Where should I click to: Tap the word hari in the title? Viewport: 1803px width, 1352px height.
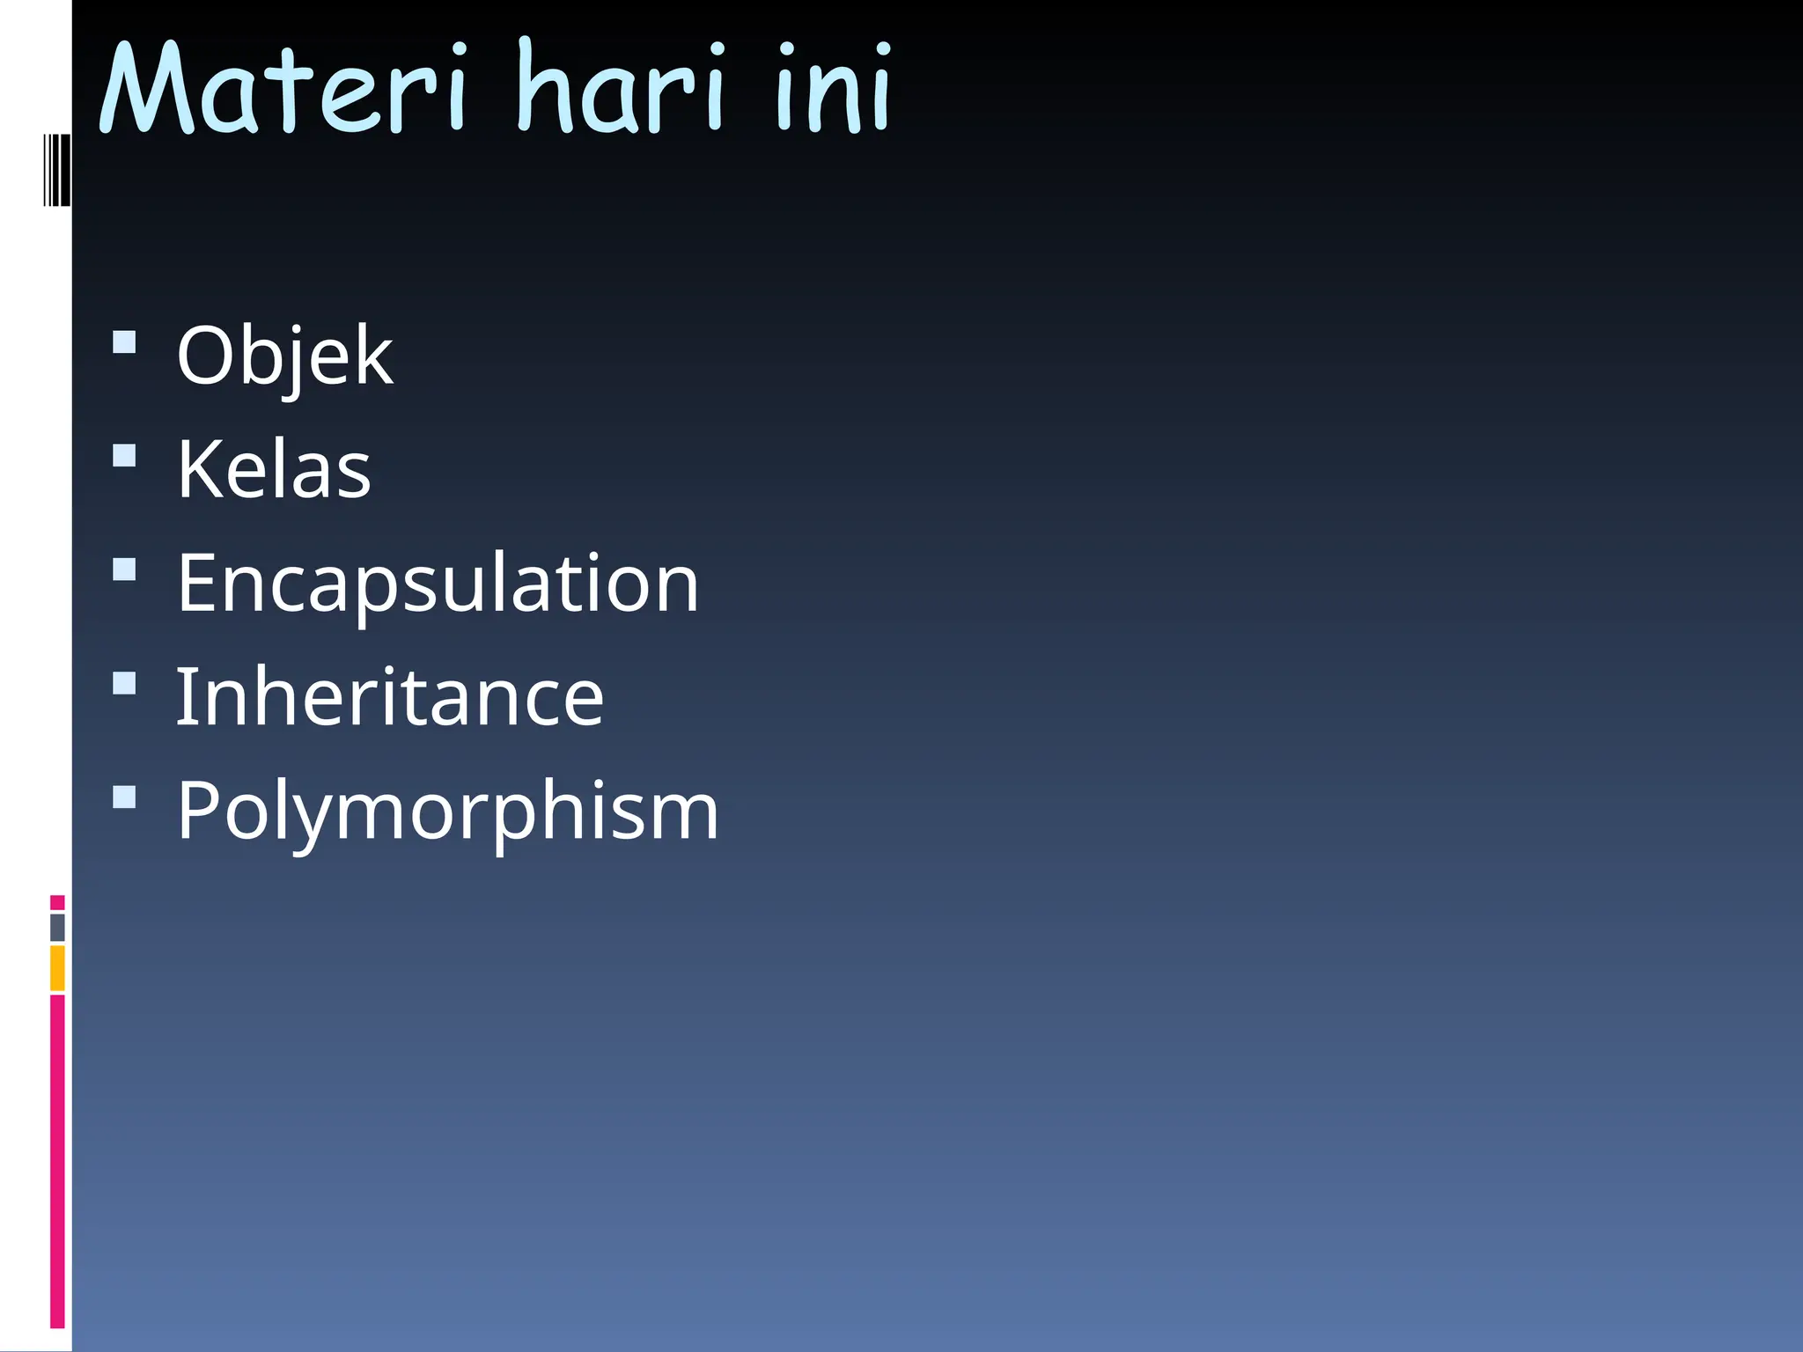pyautogui.click(x=622, y=88)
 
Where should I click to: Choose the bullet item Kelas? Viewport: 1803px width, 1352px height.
pyautogui.click(x=274, y=470)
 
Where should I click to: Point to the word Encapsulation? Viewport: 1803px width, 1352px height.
pyautogui.click(x=438, y=584)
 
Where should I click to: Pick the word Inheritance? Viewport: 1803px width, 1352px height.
pyautogui.click(x=390, y=697)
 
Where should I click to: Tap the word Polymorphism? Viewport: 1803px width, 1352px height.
pyautogui.click(x=447, y=811)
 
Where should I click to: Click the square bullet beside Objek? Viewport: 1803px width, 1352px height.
pyautogui.click(x=125, y=342)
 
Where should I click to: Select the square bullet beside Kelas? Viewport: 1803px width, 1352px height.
pyautogui.click(x=125, y=455)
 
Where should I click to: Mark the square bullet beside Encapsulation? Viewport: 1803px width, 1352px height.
pyautogui.click(x=125, y=569)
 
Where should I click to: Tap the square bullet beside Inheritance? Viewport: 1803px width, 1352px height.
pyautogui.click(x=125, y=683)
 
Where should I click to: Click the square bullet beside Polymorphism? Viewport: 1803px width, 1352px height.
pyautogui.click(x=125, y=797)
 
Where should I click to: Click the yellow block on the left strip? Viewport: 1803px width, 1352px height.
pyautogui.click(x=57, y=968)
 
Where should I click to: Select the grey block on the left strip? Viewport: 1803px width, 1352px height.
pyautogui.click(x=57, y=928)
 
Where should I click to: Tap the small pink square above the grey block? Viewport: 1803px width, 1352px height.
pyautogui.click(x=57, y=902)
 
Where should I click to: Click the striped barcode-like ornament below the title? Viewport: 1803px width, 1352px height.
pyautogui.click(x=57, y=169)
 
